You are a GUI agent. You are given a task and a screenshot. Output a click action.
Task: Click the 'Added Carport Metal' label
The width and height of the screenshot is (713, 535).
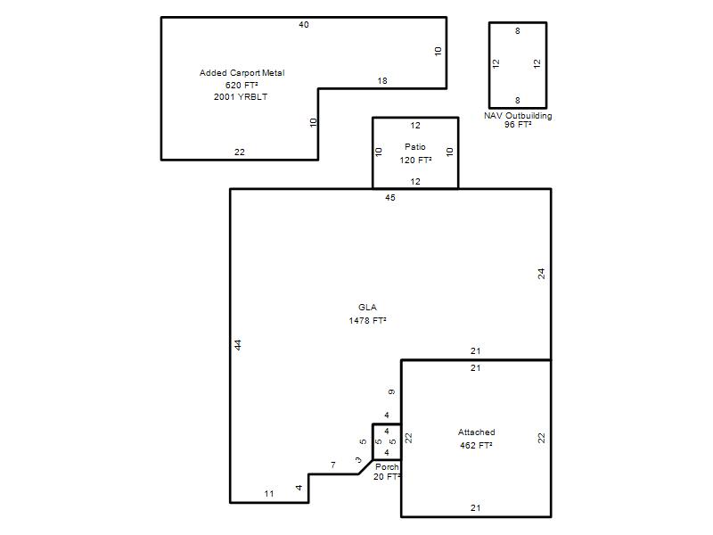point(242,73)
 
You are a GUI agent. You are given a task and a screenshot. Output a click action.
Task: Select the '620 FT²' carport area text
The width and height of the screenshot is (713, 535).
point(242,85)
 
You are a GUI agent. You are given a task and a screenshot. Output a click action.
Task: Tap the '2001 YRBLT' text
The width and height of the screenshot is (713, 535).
point(241,97)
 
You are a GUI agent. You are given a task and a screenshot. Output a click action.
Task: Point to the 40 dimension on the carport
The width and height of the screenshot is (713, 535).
point(304,25)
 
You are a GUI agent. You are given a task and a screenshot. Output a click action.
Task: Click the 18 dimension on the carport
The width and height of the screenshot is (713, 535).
point(382,81)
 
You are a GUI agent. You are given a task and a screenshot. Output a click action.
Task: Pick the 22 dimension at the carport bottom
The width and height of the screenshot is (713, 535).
point(240,152)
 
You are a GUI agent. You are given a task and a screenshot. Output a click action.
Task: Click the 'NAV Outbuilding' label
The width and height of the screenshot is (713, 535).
point(518,116)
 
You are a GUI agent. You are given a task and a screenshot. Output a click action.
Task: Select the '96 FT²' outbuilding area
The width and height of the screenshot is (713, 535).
point(518,124)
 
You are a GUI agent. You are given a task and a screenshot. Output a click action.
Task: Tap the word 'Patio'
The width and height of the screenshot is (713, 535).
point(415,147)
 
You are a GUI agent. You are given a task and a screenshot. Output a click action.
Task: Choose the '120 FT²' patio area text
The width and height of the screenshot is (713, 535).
point(415,160)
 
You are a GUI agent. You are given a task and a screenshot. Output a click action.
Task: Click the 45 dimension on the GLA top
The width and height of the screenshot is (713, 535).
point(390,198)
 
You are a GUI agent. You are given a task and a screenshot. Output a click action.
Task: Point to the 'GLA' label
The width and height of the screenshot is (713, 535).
point(367,308)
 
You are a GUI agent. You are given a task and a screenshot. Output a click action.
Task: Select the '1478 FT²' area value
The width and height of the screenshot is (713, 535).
point(367,321)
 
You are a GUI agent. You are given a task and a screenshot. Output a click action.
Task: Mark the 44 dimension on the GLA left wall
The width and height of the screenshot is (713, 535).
point(238,345)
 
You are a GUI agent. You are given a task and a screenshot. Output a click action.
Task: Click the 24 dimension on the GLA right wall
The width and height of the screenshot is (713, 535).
point(541,274)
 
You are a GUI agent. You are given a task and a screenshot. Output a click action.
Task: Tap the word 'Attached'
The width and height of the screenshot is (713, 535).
point(477,432)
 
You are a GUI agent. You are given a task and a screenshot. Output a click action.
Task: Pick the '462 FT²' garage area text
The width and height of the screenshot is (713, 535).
point(476,445)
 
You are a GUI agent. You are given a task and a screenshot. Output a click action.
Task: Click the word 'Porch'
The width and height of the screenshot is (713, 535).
point(387,466)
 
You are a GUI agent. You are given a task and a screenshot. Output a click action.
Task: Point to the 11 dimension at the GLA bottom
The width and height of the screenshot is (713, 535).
point(269,494)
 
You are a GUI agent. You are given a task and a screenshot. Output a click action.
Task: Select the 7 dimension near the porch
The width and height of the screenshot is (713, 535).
point(333,465)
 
